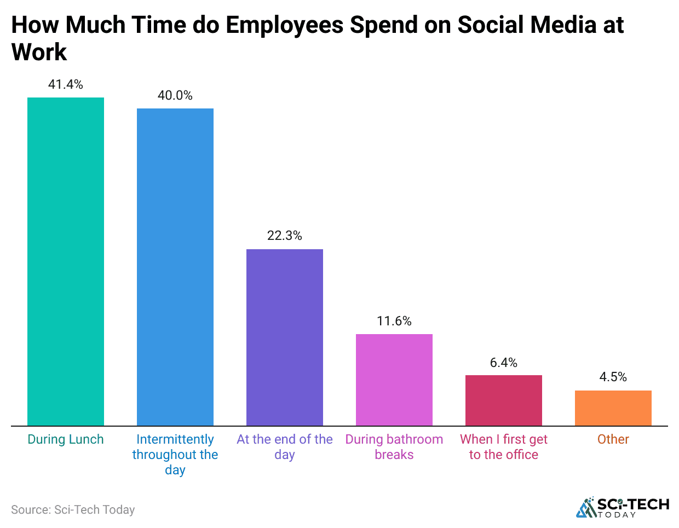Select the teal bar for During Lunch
pyautogui.click(x=66, y=261)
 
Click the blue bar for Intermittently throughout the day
pyautogui.click(x=175, y=267)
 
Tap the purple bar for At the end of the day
pyautogui.click(x=285, y=337)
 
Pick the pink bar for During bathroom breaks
pyautogui.click(x=394, y=380)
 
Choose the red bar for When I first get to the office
pyautogui.click(x=504, y=400)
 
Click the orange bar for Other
pyautogui.click(x=613, y=408)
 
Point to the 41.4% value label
pyautogui.click(x=66, y=84)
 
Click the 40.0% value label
pyautogui.click(x=175, y=95)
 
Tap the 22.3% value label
pyautogui.click(x=285, y=236)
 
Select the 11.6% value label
pyautogui.click(x=394, y=321)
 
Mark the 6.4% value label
pyautogui.click(x=504, y=363)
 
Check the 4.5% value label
pyautogui.click(x=613, y=377)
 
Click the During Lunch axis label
pyautogui.click(x=66, y=439)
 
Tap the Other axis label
pyautogui.click(x=613, y=439)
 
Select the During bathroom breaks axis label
pyautogui.click(x=394, y=447)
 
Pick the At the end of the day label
pyautogui.click(x=285, y=447)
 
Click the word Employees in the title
pyautogui.click(x=283, y=26)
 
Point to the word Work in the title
pyautogui.click(x=39, y=53)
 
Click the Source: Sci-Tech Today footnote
pyautogui.click(x=73, y=510)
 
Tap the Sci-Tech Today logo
pyautogui.click(x=623, y=507)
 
